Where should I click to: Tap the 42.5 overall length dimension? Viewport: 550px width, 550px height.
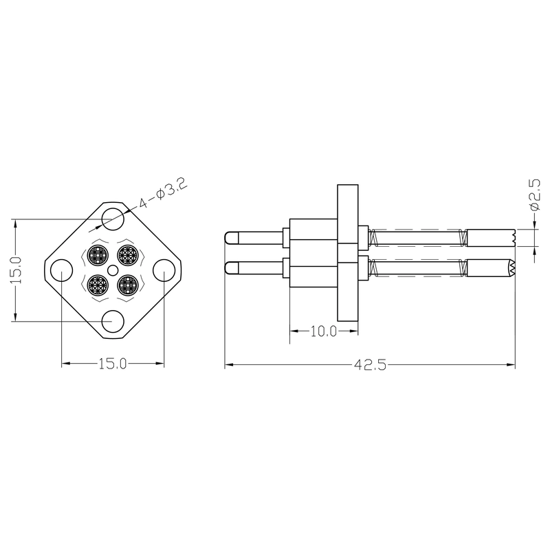[x=370, y=365]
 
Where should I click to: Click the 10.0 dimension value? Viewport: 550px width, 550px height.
[x=322, y=331]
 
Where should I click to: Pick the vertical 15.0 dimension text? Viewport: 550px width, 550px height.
[x=16, y=269]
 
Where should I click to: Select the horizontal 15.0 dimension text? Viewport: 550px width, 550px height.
[x=113, y=364]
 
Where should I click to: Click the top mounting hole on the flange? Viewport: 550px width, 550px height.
[x=112, y=219]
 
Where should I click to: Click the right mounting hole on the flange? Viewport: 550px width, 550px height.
[x=164, y=269]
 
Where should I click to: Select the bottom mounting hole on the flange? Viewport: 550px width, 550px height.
[x=112, y=320]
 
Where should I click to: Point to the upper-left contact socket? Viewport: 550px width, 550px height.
[x=98, y=255]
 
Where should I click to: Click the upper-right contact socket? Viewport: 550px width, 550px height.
[x=126, y=255]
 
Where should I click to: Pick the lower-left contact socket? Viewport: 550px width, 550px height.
[x=98, y=283]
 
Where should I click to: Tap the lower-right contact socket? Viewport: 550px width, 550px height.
[x=127, y=283]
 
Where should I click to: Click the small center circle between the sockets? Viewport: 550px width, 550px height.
[x=112, y=269]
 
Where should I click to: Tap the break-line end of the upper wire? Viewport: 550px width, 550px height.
[x=513, y=238]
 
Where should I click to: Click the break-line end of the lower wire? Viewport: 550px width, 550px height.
[x=513, y=268]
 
